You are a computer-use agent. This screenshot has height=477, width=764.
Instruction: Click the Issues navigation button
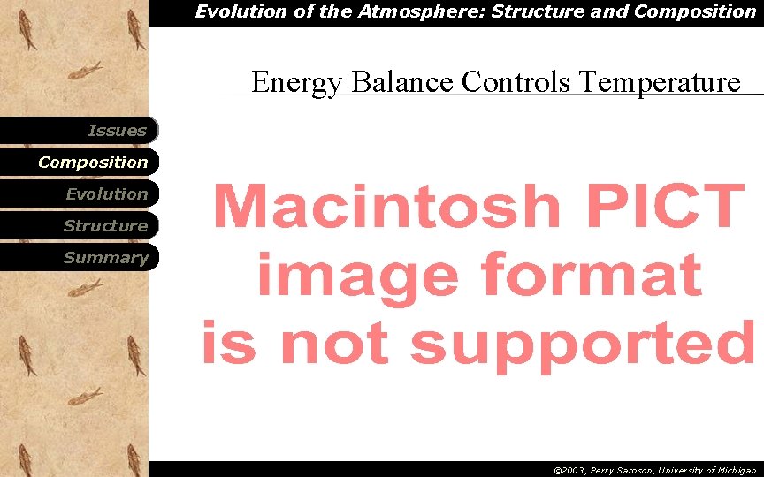coord(117,131)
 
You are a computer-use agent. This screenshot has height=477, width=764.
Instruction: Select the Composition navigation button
coord(93,163)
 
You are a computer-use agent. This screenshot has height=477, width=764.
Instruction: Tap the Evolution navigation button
coord(106,194)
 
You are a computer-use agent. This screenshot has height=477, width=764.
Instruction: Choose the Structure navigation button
coord(105,226)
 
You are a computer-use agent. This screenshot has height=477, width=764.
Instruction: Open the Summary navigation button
coord(105,258)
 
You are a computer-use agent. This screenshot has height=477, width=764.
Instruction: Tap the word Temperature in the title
coord(659,82)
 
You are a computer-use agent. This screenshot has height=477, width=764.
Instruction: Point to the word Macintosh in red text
coord(386,207)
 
